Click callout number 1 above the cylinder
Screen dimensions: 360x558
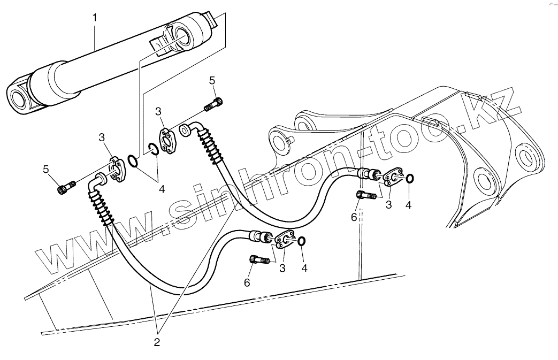[x=95, y=18]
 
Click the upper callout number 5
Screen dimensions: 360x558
[x=212, y=81]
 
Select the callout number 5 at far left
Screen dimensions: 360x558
[x=47, y=170]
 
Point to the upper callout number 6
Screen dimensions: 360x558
[x=354, y=217]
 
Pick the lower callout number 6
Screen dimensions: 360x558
[x=247, y=282]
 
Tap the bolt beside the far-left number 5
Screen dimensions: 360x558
[x=65, y=187]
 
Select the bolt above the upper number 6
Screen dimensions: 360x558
[x=366, y=196]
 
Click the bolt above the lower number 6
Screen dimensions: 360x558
[x=259, y=260]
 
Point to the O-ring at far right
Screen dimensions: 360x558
[x=410, y=179]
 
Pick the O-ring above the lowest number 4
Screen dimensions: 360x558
[x=302, y=242]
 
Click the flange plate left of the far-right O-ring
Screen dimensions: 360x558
[x=393, y=177]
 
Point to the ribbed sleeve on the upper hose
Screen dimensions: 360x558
[x=212, y=145]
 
